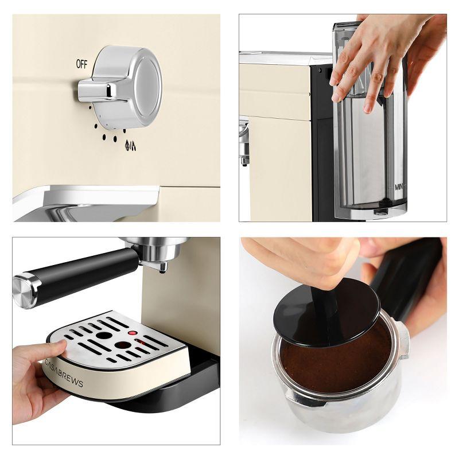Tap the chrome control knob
pos(126,86)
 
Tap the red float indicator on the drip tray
pos(132,333)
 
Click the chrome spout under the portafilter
pos(164,265)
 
